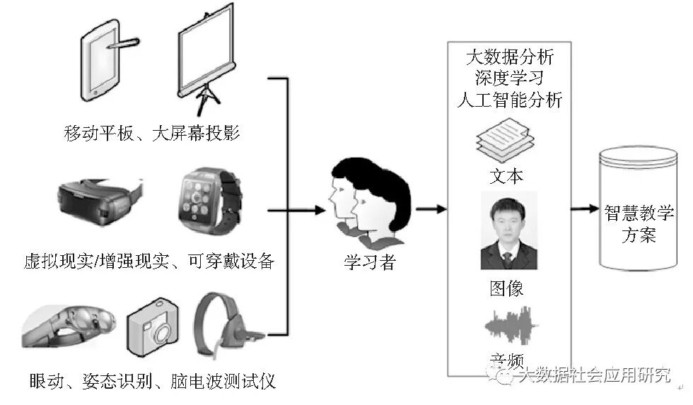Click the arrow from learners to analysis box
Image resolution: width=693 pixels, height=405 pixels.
tap(431, 209)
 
